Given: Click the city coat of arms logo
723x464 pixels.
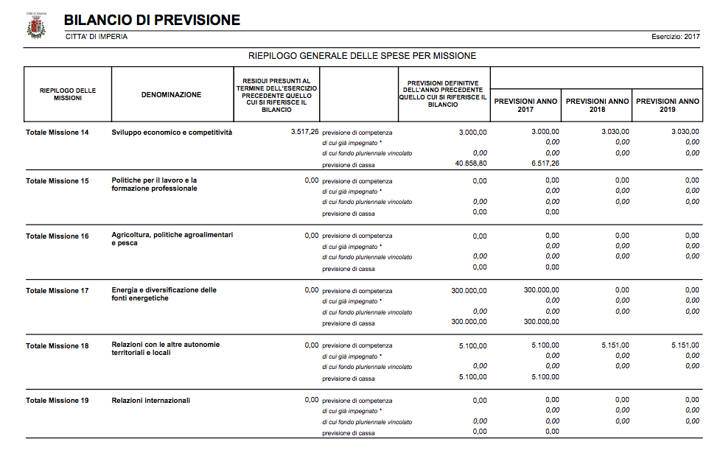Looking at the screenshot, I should click(35, 27).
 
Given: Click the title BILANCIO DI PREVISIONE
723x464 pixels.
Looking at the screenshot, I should click(152, 21).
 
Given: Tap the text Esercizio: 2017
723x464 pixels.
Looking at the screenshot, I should click(676, 37).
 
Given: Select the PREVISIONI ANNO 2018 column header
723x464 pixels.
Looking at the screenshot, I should click(597, 105).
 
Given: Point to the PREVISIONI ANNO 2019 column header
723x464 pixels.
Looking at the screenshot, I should click(667, 105).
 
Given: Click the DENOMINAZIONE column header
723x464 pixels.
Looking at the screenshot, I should click(171, 94).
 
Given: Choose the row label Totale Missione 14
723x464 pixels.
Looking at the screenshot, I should click(57, 133).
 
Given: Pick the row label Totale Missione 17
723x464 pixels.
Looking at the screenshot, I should click(57, 291).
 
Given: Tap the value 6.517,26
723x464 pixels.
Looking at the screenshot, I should click(545, 164).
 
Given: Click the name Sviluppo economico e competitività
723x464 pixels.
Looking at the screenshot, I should click(172, 133).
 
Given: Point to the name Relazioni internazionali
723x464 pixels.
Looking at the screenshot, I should click(150, 401).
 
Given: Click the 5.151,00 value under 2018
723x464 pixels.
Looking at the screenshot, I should click(613, 345).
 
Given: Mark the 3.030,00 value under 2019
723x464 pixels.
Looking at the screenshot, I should click(685, 132).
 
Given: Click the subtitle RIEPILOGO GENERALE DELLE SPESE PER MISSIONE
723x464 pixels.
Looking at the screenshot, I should click(362, 56).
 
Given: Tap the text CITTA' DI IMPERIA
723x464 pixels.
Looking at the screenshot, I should click(96, 37).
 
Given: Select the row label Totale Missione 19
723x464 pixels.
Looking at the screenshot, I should click(57, 401).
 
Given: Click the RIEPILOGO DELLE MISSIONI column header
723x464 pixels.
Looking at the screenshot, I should click(68, 94).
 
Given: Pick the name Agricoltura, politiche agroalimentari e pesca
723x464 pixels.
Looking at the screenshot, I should click(172, 239).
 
